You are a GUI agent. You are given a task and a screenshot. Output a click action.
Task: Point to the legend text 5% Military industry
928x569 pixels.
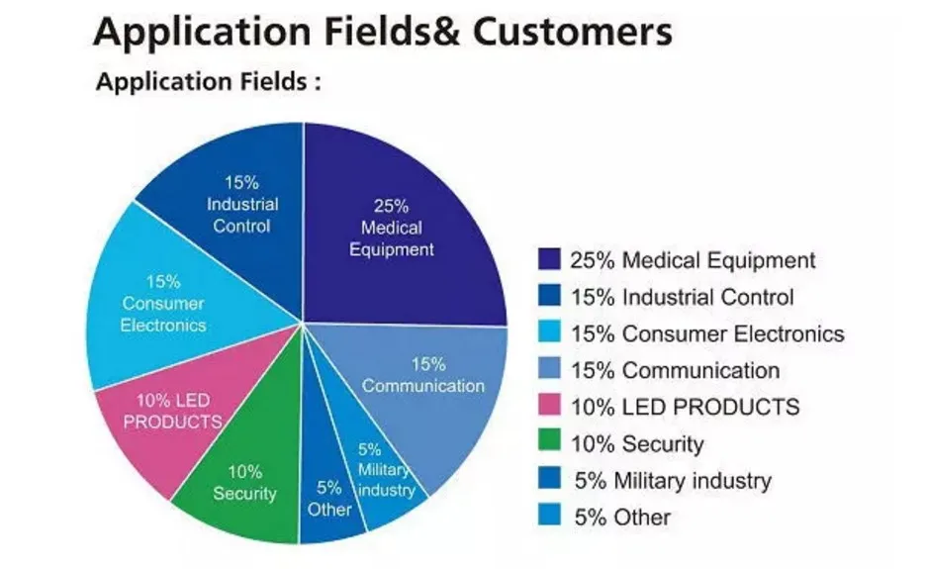click(672, 481)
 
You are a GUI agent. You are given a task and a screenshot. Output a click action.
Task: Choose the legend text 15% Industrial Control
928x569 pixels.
click(682, 297)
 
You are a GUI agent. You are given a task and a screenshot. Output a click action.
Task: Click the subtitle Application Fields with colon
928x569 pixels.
click(208, 82)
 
